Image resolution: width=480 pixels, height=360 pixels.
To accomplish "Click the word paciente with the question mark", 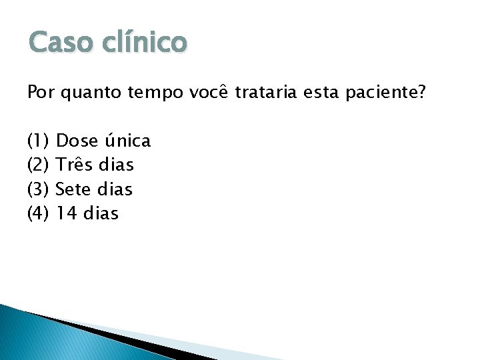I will (386, 94).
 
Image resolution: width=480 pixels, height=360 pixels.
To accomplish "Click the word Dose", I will (77, 141).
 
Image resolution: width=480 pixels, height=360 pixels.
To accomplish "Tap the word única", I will (128, 141).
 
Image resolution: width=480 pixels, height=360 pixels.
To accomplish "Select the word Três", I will (74, 165).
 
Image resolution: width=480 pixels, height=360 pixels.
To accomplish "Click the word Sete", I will (74, 189).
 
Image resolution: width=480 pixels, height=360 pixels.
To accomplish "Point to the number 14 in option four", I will (67, 213).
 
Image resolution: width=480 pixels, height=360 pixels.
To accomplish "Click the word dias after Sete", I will (115, 189).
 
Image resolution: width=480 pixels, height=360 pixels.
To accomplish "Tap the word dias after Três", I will (116, 165).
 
